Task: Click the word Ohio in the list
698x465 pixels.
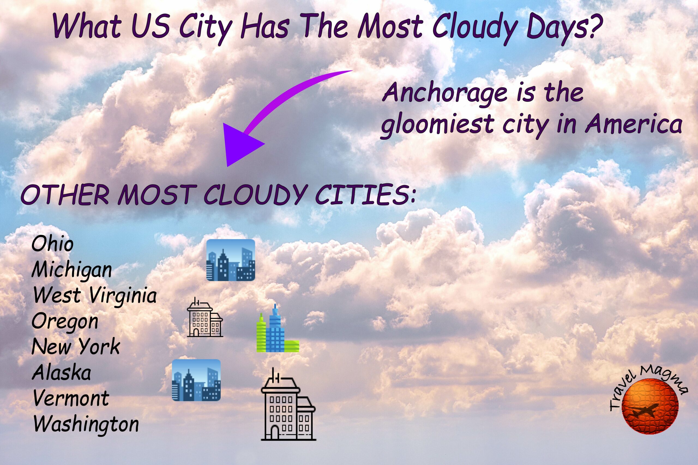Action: tap(52, 244)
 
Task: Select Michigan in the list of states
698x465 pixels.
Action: tap(71, 271)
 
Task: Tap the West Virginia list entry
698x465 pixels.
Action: tap(95, 296)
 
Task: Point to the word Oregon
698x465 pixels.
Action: tap(65, 322)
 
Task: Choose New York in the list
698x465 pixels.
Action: tap(76, 347)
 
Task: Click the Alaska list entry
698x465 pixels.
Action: tap(61, 372)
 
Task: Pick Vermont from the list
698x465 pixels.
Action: tap(71, 398)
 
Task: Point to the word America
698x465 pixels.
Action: tap(634, 124)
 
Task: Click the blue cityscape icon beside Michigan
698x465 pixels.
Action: tap(231, 260)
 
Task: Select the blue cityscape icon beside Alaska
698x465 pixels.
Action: tap(196, 380)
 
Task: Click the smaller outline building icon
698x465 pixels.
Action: tap(205, 318)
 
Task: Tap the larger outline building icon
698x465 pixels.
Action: tap(288, 406)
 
